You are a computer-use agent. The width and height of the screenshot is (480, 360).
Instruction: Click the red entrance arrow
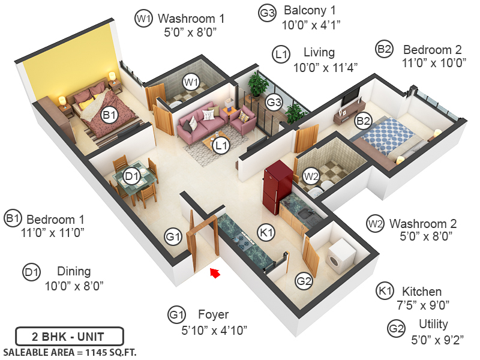point(215,274)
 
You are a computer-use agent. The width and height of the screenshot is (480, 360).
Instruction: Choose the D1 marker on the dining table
point(132,176)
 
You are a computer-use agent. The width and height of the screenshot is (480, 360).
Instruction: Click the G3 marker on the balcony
point(274,103)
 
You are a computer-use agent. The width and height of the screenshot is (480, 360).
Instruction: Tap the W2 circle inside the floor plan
point(311,176)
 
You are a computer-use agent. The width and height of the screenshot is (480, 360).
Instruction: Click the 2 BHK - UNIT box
point(69,335)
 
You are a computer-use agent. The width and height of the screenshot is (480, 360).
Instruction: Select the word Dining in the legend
point(74,271)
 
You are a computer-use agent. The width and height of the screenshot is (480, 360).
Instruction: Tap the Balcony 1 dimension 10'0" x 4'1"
point(311,25)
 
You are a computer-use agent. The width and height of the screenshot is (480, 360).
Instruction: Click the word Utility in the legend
point(434,325)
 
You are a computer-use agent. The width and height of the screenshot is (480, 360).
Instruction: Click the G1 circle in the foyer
point(173,237)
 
